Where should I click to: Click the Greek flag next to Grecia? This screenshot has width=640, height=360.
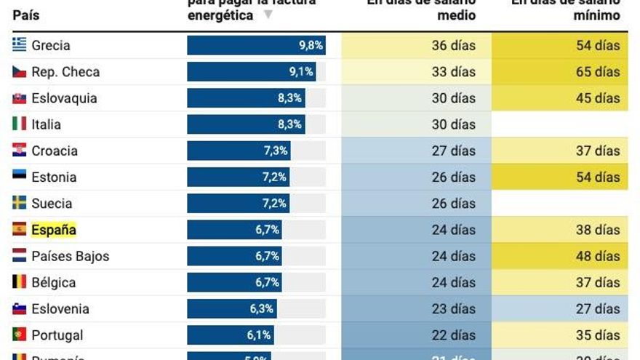[20, 45]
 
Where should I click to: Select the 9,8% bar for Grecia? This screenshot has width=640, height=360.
[255, 45]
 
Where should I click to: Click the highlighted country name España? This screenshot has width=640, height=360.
[53, 230]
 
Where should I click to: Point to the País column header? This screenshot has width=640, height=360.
[25, 15]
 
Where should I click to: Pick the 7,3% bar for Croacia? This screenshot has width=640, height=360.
[239, 151]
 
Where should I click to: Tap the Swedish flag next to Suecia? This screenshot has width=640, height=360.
[20, 204]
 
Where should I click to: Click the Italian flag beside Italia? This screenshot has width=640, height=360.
[20, 124]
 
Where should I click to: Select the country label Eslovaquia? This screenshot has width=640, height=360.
[64, 98]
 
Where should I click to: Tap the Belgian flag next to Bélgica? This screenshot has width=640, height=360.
[20, 282]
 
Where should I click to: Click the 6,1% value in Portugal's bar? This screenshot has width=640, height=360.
[259, 335]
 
